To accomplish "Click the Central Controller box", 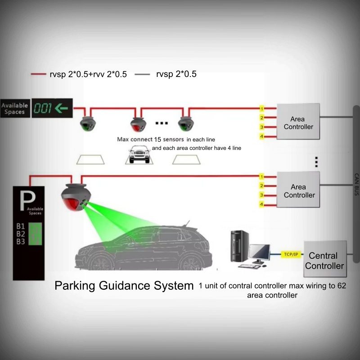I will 326,261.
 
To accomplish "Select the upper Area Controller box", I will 298,123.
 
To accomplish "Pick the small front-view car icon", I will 139,155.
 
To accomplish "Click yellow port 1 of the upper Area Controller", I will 261,109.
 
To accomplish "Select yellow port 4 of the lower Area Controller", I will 261,205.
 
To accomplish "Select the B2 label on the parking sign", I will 21,234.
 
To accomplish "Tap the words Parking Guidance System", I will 124,285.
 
